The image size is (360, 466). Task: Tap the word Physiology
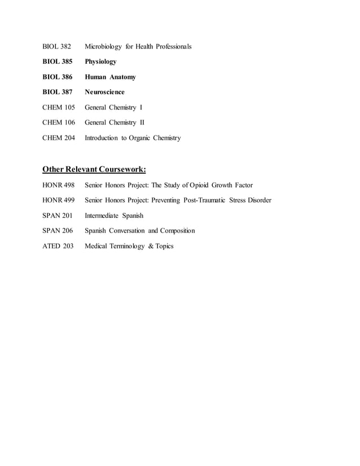tap(100, 61)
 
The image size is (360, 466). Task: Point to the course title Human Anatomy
tap(110, 77)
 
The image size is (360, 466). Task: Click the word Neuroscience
tap(104, 92)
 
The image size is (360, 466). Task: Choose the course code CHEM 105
tap(59, 107)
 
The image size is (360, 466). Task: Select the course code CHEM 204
tap(59, 138)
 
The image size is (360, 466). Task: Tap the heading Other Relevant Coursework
tap(94, 169)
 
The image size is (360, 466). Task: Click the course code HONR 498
tap(59, 185)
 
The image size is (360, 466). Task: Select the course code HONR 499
tap(59, 200)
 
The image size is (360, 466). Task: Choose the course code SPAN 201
tap(58, 216)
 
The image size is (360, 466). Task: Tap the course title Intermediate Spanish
tap(114, 216)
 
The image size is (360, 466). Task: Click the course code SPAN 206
tap(58, 231)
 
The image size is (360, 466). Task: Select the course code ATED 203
tap(58, 246)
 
